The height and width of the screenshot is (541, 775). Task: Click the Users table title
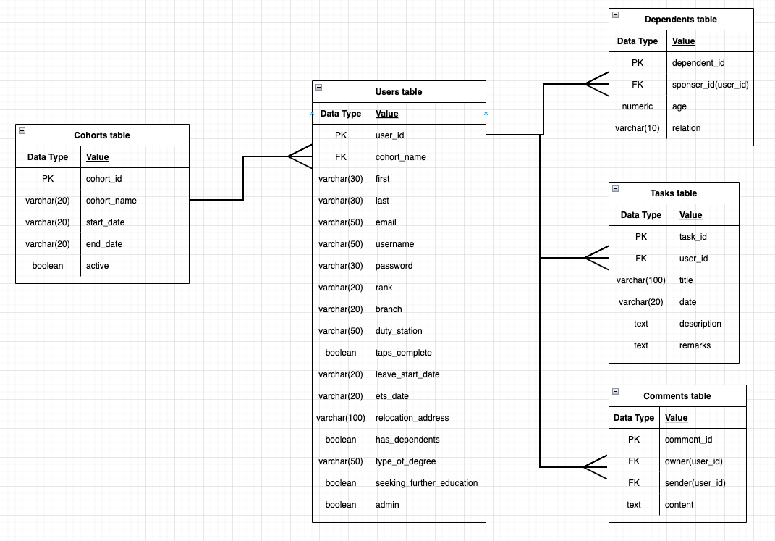coord(398,92)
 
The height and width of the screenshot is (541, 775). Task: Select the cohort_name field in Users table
coord(400,157)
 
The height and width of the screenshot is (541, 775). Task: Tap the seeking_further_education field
coord(426,483)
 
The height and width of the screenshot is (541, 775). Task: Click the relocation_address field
coord(412,418)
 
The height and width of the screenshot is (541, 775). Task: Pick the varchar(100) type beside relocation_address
coord(341,418)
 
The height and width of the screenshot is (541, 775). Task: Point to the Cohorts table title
coord(102,135)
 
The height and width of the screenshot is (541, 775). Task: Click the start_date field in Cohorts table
coord(106,222)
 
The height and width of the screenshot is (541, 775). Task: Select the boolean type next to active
coord(48,266)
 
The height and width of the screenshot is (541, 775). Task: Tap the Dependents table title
coord(680,20)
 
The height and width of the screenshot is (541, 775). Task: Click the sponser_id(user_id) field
coord(710,85)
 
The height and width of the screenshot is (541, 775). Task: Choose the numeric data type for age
coord(638,106)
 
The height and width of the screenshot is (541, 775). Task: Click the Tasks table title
coord(673,193)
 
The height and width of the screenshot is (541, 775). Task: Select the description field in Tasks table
coord(700,324)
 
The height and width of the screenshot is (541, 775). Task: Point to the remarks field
coord(695,345)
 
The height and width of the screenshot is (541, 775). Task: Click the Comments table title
coord(677,396)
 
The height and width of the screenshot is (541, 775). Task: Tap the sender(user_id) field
coord(695,483)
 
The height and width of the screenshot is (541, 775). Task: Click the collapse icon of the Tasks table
coord(615,189)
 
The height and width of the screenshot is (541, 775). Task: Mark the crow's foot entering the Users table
coord(300,156)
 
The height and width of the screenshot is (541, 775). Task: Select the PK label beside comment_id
coord(634,440)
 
